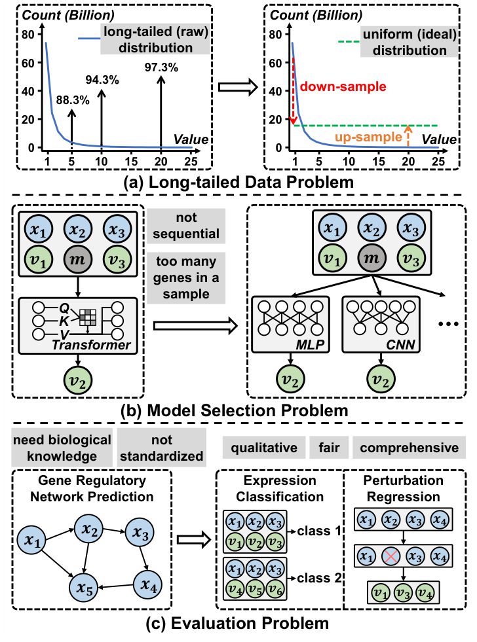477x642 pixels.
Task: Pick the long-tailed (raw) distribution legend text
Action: point(155,41)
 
